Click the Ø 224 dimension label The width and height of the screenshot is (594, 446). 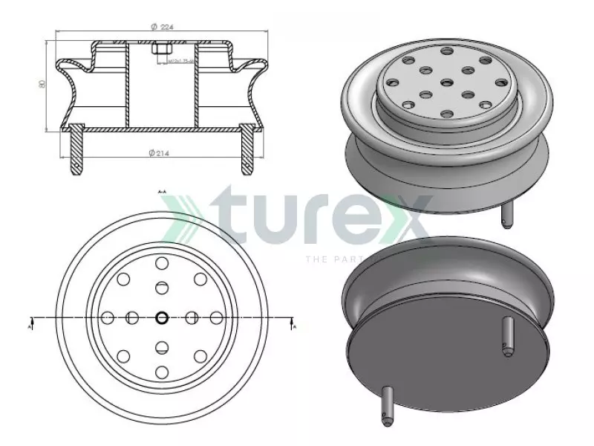(x=162, y=27)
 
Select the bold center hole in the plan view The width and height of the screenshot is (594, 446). (x=161, y=318)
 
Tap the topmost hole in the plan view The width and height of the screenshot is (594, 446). (x=161, y=262)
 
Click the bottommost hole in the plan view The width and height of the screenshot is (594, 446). (x=161, y=372)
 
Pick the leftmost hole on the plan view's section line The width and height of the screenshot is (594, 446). (x=106, y=318)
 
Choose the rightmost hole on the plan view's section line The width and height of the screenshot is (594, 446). (x=216, y=318)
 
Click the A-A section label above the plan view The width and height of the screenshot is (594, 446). (x=162, y=191)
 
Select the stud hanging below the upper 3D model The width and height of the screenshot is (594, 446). (x=507, y=216)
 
